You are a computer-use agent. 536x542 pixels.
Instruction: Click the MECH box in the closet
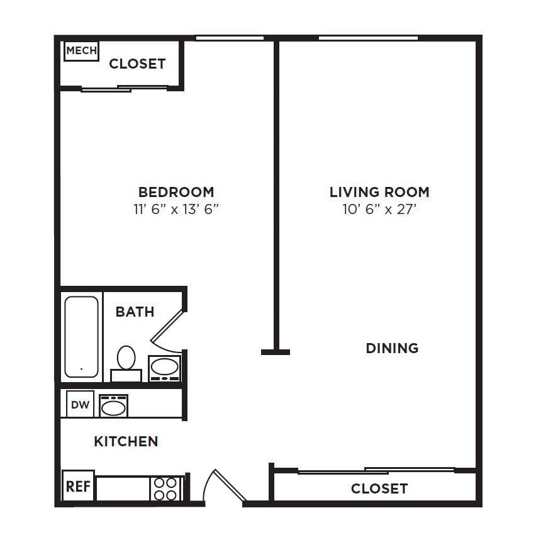tap(82, 51)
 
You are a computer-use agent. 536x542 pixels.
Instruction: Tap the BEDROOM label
tap(176, 192)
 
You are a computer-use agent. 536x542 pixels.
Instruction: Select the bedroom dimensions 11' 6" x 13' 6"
tap(176, 209)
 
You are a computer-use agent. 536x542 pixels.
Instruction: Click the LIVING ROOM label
tap(379, 192)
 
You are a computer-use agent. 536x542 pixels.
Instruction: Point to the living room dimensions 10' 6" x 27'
tap(379, 209)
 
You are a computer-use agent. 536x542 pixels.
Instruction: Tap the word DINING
tap(392, 348)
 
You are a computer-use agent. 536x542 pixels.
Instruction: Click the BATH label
tap(135, 312)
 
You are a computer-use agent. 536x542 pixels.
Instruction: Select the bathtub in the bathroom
tap(82, 337)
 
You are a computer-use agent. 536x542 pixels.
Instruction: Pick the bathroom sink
tap(165, 368)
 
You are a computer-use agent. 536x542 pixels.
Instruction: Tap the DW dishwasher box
tap(80, 405)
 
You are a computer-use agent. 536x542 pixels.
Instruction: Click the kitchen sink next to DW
tap(113, 406)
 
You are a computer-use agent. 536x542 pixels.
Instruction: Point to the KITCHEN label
tap(126, 441)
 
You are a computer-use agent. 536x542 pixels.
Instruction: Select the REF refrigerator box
tap(79, 487)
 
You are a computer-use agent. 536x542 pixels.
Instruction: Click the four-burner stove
tap(165, 488)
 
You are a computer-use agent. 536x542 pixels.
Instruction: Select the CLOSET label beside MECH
tap(137, 64)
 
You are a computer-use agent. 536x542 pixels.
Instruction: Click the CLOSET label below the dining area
tap(379, 488)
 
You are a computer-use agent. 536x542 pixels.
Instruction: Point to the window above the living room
tap(368, 38)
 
